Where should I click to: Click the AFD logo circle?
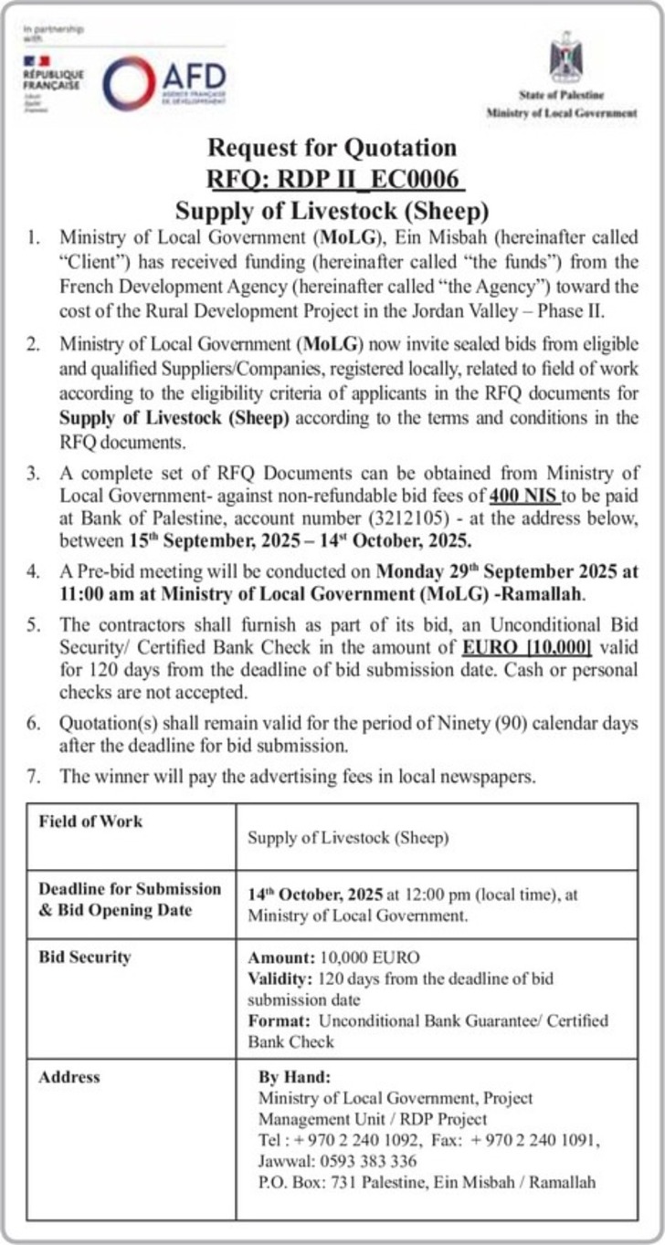129,83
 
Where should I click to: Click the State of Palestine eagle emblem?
565,57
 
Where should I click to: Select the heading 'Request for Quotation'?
332,147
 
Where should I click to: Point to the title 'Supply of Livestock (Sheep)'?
332,210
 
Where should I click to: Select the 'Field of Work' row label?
90,821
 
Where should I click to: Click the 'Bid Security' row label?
85,957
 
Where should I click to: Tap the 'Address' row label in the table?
69,1077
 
